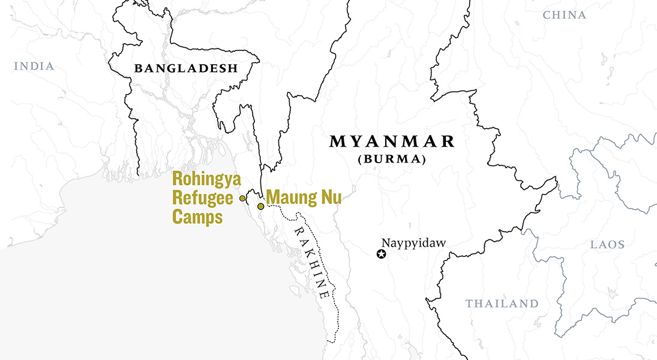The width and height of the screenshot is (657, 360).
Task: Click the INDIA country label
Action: click(x=34, y=66)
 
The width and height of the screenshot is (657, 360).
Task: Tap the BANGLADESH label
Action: click(x=186, y=68)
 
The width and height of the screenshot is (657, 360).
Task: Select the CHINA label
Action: click(x=564, y=15)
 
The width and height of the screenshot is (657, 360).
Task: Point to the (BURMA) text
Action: click(x=392, y=160)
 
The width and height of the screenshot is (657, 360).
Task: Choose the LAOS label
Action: click(x=607, y=245)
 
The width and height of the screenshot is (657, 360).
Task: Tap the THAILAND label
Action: click(x=502, y=304)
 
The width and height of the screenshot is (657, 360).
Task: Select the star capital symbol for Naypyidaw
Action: click(x=381, y=254)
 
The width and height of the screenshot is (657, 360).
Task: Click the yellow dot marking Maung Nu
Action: click(x=260, y=206)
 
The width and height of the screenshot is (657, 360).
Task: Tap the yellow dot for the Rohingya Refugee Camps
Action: click(x=242, y=198)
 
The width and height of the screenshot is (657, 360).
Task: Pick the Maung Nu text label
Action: click(x=304, y=197)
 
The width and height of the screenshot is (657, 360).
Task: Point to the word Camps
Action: click(x=198, y=217)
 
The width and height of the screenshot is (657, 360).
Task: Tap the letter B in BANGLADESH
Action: click(x=138, y=68)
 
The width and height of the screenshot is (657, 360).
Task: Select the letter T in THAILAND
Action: click(x=470, y=304)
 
